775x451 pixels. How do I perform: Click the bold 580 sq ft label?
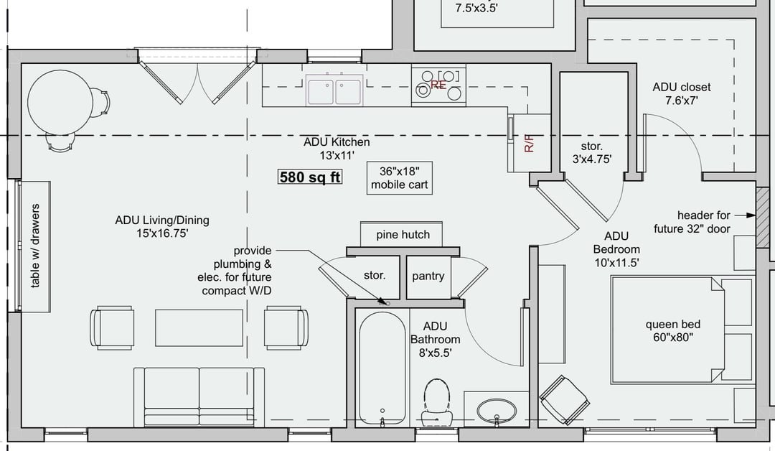pyautogui.click(x=310, y=177)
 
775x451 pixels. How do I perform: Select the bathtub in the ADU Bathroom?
pyautogui.click(x=382, y=368)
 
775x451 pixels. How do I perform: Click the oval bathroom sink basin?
pyautogui.click(x=497, y=411)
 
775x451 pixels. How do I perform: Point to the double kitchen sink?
pyautogui.click(x=334, y=90)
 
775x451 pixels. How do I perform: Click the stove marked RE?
pyautogui.click(x=438, y=85)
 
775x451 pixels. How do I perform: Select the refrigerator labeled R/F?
pyautogui.click(x=530, y=143)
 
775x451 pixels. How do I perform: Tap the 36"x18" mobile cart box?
pyautogui.click(x=400, y=178)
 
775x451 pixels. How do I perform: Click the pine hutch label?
pyautogui.click(x=403, y=234)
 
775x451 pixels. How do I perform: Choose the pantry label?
pyautogui.click(x=428, y=276)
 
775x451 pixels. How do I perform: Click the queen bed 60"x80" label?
pyautogui.click(x=672, y=331)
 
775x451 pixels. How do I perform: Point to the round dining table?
pyautogui.click(x=60, y=103)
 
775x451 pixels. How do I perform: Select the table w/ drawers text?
pyautogui.click(x=34, y=246)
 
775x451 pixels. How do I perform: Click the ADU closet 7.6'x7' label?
pyautogui.click(x=682, y=93)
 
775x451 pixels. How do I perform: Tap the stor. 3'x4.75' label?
pyautogui.click(x=591, y=152)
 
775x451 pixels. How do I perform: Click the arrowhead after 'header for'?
pyautogui.click(x=751, y=215)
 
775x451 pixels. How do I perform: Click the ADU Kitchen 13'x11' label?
pyautogui.click(x=337, y=149)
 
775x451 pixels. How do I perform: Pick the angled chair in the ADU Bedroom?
pyautogui.click(x=564, y=399)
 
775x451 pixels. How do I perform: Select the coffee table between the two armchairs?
pyautogui.click(x=199, y=328)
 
